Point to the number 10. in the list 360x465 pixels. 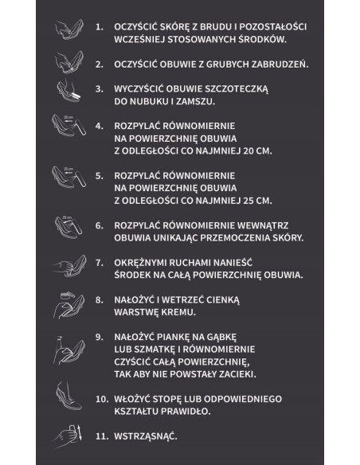coord(101,398)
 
